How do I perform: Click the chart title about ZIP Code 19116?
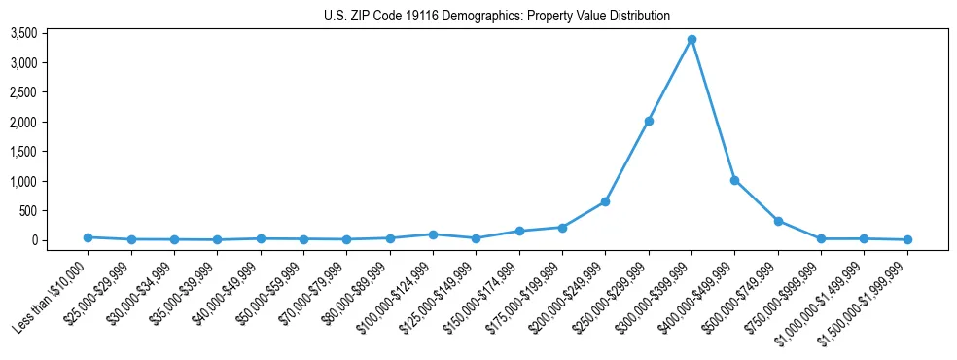(x=497, y=16)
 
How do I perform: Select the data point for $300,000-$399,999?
(x=691, y=40)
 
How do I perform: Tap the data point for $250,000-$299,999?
(x=649, y=121)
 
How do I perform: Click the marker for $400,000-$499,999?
(x=734, y=180)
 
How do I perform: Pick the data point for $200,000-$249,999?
(x=605, y=201)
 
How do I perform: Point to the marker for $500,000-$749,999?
(x=778, y=221)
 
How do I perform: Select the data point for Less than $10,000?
(x=88, y=237)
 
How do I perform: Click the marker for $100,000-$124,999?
(x=433, y=234)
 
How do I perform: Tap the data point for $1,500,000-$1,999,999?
(x=907, y=239)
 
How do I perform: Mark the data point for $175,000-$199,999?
(x=562, y=228)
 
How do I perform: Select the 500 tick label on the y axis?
(x=55, y=211)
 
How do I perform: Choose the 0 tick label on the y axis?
(x=61, y=240)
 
